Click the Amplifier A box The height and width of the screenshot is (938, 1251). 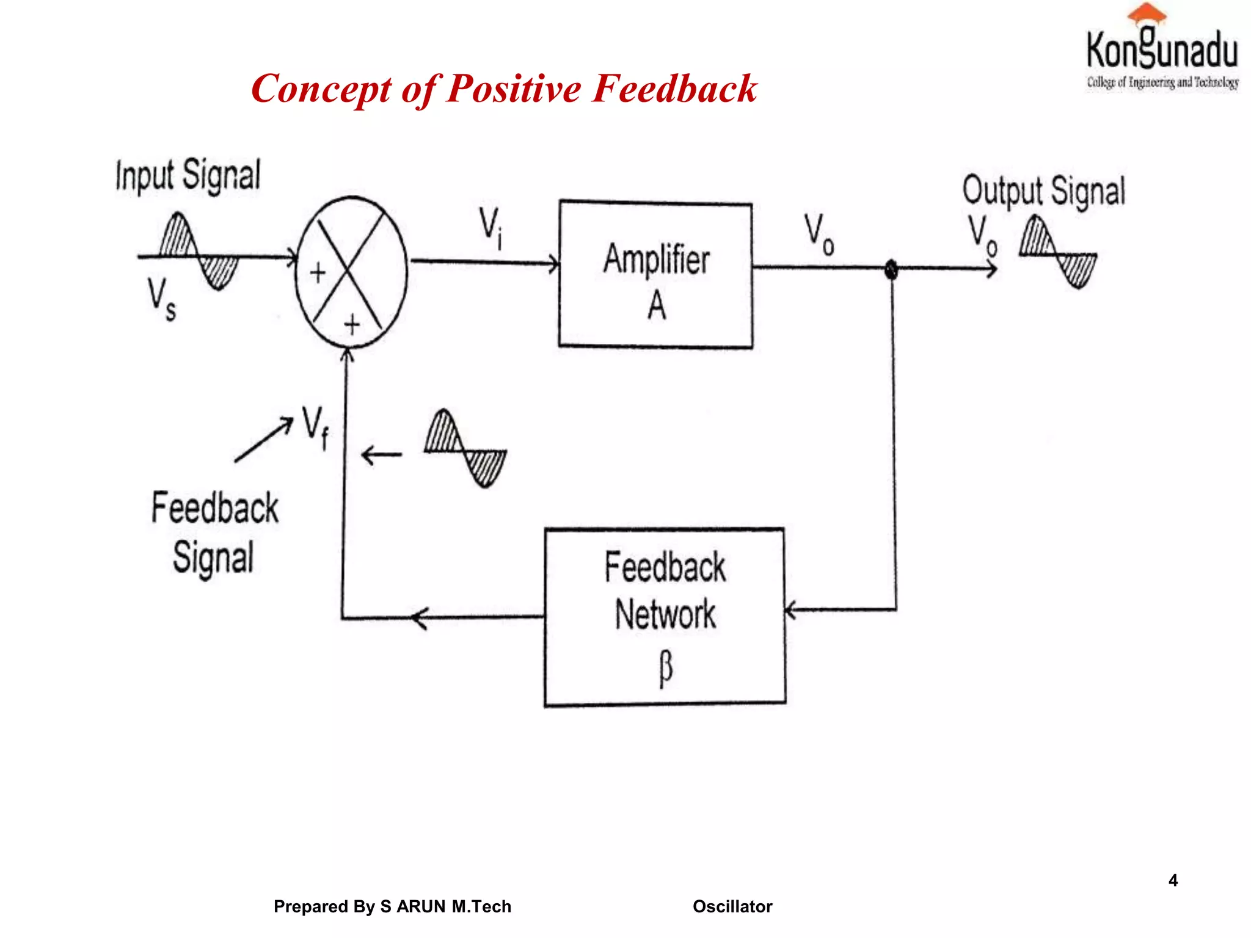[655, 275]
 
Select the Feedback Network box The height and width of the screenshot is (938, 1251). [665, 617]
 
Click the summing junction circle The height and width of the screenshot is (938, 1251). [351, 272]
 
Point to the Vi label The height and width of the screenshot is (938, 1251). [491, 228]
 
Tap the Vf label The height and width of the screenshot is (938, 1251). [315, 427]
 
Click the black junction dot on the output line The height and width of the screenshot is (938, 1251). [891, 269]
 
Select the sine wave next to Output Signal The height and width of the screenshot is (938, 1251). [1058, 252]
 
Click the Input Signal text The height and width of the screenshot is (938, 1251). [188, 175]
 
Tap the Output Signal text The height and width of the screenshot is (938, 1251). [1043, 191]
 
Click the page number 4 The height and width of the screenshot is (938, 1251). [1173, 880]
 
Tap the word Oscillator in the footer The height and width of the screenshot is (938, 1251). [732, 906]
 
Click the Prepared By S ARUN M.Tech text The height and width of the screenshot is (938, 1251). [392, 906]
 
